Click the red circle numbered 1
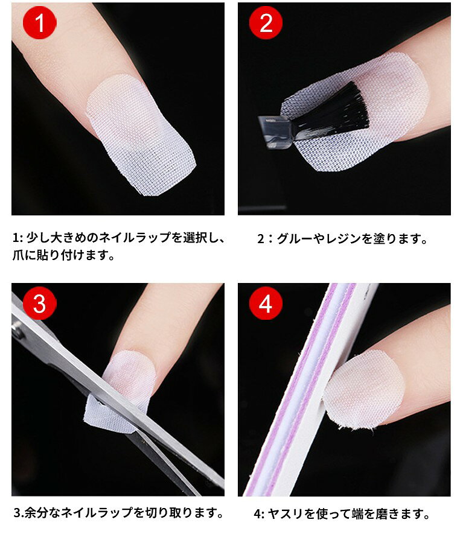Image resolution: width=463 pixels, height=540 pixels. pyautogui.click(x=39, y=23)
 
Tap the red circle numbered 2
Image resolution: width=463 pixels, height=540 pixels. pyautogui.click(x=266, y=23)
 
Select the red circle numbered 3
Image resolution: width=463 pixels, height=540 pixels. pyautogui.click(x=39, y=303)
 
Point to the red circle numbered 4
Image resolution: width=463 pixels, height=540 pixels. pyautogui.click(x=266, y=303)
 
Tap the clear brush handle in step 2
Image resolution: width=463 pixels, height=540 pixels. pyautogui.click(x=276, y=132)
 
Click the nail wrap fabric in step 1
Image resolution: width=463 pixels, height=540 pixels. pyautogui.click(x=139, y=135)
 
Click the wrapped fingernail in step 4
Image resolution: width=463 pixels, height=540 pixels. pyautogui.click(x=365, y=389)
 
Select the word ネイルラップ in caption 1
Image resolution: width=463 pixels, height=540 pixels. pyautogui.click(x=135, y=238)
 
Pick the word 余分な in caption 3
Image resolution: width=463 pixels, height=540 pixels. pyautogui.click(x=43, y=512)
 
